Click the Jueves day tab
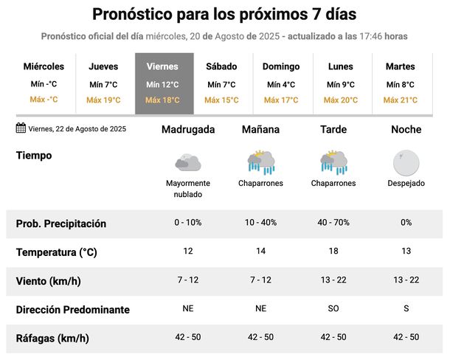103,83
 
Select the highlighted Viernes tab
163,83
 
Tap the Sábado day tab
221,83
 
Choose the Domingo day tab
281,83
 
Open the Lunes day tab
340,83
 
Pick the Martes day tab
400,83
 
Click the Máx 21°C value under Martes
400,100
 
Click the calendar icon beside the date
21,128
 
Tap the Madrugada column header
188,129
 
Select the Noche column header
406,129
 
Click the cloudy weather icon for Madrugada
188,161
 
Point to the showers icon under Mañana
261,162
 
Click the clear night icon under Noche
406,161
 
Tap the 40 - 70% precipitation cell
333,223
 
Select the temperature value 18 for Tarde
333,252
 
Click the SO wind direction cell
333,309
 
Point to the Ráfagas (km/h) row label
52,339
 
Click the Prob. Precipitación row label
61,224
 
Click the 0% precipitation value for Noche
406,223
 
